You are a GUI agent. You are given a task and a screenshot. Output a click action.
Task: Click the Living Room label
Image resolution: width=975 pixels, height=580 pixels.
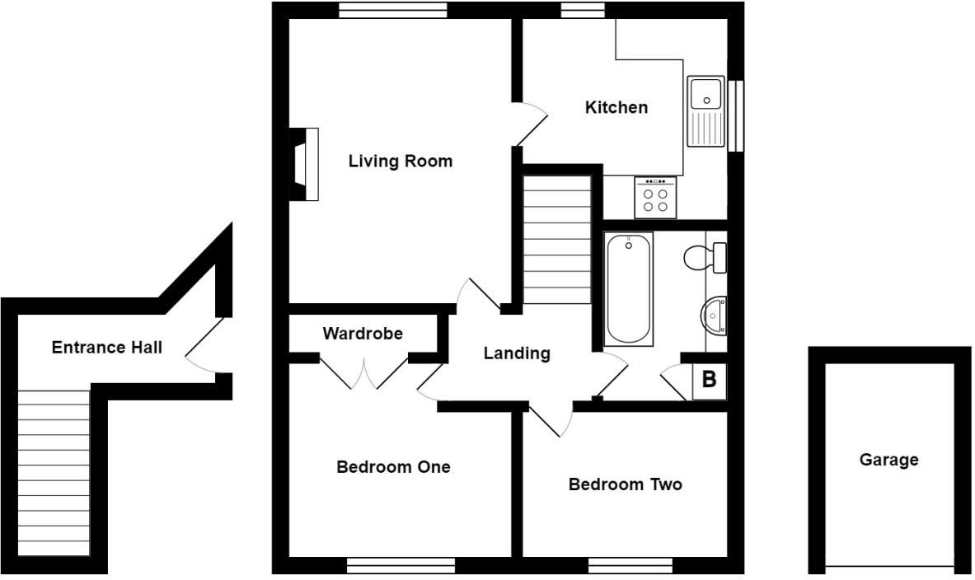(x=400, y=161)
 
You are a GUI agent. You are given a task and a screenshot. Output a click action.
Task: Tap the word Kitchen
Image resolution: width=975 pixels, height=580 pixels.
(x=616, y=107)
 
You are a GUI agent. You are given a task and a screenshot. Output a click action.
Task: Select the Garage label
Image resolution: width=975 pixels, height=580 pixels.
(x=888, y=460)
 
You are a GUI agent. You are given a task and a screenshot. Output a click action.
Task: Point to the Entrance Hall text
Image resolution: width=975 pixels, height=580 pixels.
(x=106, y=348)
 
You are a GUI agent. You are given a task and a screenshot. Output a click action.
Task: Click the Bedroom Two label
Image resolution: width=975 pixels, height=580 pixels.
(x=625, y=484)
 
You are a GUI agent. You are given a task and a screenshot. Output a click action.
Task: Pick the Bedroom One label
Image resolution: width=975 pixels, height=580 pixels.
(x=393, y=467)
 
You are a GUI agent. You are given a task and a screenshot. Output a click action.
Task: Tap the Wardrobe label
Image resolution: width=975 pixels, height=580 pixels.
(x=363, y=334)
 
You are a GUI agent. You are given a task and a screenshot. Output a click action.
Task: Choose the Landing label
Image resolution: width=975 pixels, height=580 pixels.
(x=516, y=353)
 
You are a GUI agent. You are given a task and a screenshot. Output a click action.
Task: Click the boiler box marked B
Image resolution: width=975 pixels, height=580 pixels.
(x=709, y=381)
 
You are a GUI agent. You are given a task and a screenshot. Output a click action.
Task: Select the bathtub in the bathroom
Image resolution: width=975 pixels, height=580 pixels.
(x=628, y=288)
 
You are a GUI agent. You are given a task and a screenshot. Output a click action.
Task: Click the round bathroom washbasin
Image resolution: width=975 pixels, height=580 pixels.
(x=714, y=315)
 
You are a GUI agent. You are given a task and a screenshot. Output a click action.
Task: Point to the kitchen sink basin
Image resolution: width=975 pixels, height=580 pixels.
(x=705, y=93)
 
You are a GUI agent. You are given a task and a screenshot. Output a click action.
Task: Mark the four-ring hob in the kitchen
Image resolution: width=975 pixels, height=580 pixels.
(x=655, y=198)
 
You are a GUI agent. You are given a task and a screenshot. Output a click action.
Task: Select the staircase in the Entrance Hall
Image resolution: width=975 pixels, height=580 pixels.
(x=54, y=474)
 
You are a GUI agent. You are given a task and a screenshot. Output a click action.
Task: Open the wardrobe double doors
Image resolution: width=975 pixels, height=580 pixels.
(x=363, y=372)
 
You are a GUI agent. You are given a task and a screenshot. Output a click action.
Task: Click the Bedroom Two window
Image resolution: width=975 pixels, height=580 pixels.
(x=630, y=566)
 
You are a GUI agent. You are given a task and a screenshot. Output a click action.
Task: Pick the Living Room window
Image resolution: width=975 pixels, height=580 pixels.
(x=392, y=10)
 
